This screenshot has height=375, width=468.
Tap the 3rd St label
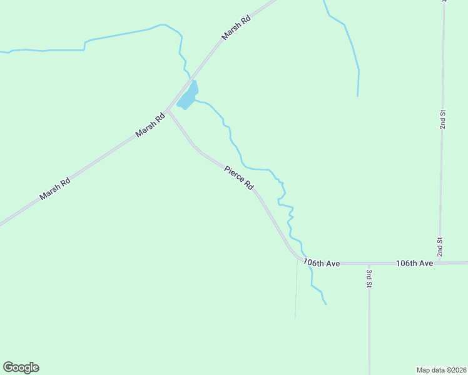point(369,279)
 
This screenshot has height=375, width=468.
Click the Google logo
point(21,367)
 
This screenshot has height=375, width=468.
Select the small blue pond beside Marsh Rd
point(188,97)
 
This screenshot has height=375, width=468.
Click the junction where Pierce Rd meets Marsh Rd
point(168,111)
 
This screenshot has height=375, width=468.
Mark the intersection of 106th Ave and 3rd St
point(369,264)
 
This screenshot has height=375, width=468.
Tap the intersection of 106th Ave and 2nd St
point(440,263)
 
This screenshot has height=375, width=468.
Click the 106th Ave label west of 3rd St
point(322,264)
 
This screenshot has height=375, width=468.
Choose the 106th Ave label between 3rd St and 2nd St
point(414,264)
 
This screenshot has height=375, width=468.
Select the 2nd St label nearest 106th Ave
point(440,247)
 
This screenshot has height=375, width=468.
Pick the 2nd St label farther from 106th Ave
point(442,119)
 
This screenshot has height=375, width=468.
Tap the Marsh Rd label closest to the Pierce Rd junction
point(150,125)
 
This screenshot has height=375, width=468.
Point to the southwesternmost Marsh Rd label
point(54,190)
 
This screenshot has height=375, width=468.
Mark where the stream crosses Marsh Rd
point(190,81)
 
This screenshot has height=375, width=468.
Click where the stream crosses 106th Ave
point(309,264)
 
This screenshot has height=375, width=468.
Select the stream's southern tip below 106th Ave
point(326,304)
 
